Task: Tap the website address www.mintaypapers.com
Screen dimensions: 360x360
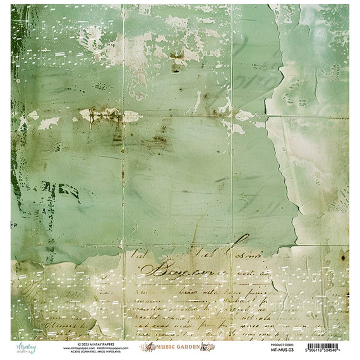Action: pos(78,347)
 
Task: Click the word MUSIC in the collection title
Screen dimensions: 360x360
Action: pos(166,347)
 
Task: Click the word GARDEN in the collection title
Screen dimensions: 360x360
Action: pos(189,347)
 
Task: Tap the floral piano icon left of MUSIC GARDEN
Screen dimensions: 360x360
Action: pos(147,347)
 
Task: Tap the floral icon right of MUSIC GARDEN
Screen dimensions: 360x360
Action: pos(209,347)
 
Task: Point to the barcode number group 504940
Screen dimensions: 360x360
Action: pos(337,351)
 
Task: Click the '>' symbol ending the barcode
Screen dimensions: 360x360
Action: pos(348,351)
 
